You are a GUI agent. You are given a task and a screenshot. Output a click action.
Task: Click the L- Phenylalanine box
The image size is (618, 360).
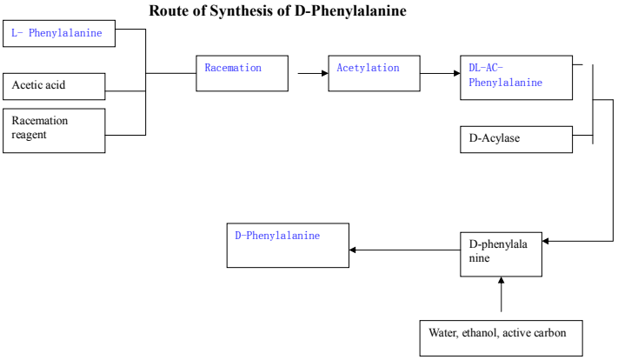[x=59, y=34]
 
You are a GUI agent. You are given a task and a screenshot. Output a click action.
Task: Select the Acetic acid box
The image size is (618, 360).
[x=54, y=85]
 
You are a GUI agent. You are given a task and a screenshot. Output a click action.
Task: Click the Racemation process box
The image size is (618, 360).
[x=242, y=73]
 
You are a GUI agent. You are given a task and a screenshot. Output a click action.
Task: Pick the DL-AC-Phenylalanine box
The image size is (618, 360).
[x=516, y=77]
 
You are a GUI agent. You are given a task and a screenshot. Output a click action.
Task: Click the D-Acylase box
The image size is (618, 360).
[x=516, y=139]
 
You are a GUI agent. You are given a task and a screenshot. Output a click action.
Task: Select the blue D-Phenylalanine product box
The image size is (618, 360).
[x=288, y=245]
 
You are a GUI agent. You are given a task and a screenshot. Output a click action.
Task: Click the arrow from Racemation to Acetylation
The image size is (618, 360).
[x=311, y=73]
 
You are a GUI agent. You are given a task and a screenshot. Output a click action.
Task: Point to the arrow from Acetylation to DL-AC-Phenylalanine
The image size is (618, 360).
[x=440, y=73]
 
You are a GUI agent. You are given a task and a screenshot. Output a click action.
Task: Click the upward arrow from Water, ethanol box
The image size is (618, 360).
[x=502, y=296]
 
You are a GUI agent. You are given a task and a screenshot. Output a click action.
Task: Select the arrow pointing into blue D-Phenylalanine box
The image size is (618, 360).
[x=404, y=250]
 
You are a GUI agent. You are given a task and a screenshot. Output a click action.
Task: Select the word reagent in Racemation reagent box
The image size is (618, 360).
[x=30, y=135]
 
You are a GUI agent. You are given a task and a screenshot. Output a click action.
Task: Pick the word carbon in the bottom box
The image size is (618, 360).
[x=551, y=332]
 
